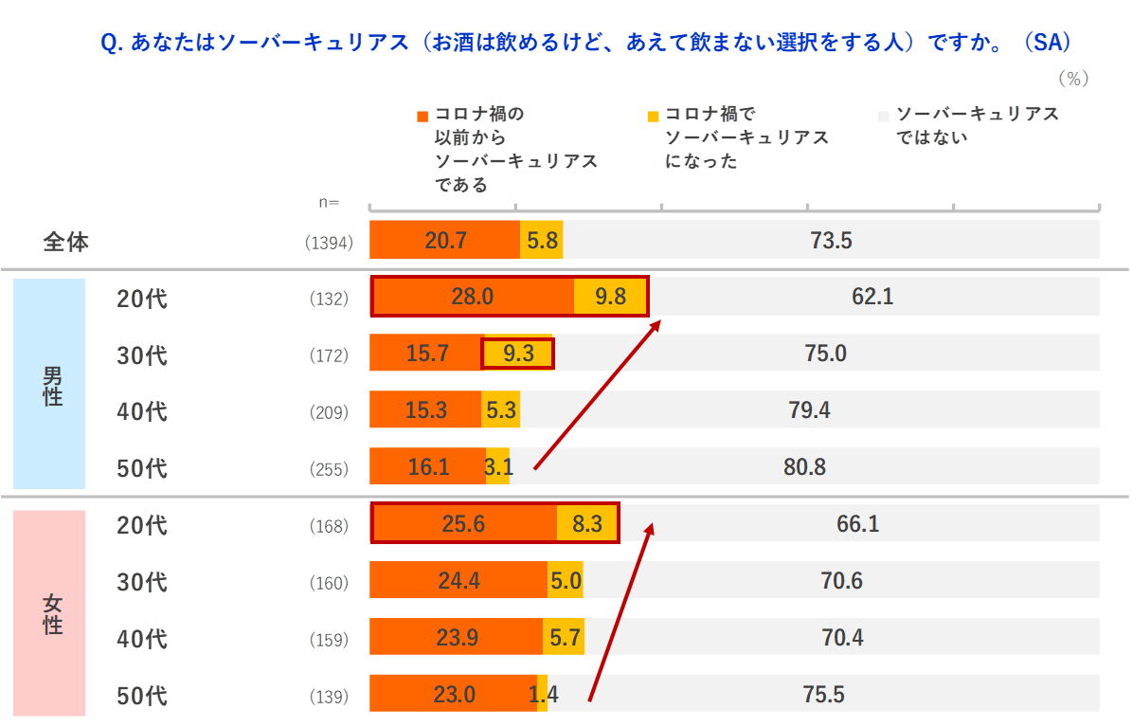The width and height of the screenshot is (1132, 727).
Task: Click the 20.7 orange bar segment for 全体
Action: point(444,240)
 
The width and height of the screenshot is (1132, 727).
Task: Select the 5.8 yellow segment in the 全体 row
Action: point(542,240)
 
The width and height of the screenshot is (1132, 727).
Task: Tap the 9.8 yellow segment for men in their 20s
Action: point(611,297)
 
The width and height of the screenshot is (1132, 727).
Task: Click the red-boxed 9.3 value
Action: point(517,354)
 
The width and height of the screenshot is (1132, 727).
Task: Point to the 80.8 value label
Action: point(804,466)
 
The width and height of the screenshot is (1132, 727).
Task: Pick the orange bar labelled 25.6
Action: point(463,523)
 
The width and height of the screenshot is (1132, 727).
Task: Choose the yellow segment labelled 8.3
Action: point(587,523)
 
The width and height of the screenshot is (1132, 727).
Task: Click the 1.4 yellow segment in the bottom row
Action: point(542,694)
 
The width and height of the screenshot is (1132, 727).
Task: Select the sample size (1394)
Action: point(329,243)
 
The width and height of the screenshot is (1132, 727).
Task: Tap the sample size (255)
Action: point(329,469)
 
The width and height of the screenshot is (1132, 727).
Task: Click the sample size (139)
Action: point(329,697)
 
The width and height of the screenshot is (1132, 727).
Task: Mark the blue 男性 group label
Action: point(52,384)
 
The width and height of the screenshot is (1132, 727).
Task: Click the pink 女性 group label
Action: point(52,613)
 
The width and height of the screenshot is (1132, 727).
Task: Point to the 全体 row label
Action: point(66,242)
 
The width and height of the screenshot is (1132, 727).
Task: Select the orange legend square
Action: point(422,117)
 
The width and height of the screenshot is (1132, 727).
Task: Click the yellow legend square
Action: point(654,117)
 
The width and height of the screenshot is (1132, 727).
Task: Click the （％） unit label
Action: point(1073,79)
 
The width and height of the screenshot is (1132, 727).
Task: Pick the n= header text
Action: point(330,202)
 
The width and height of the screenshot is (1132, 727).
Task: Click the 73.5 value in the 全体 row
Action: point(831,240)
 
